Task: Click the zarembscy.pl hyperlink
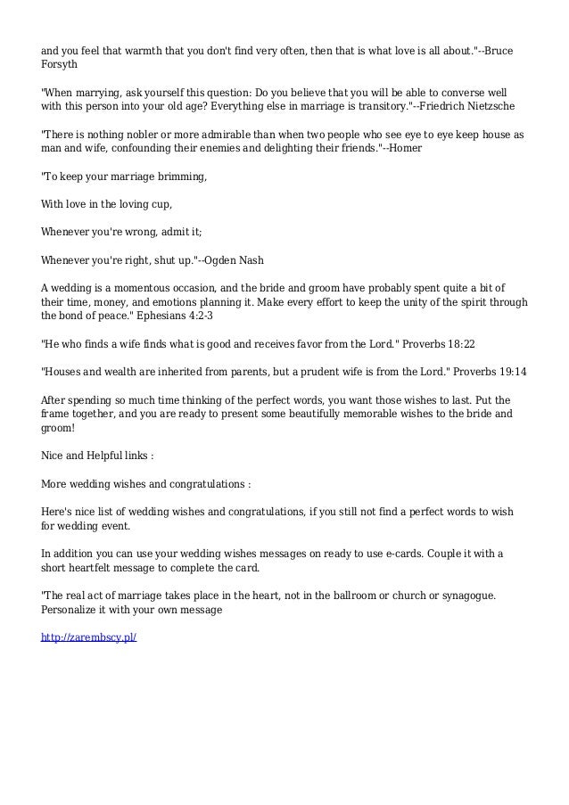pyautogui.click(x=89, y=639)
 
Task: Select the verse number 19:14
pyautogui.click(x=507, y=371)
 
